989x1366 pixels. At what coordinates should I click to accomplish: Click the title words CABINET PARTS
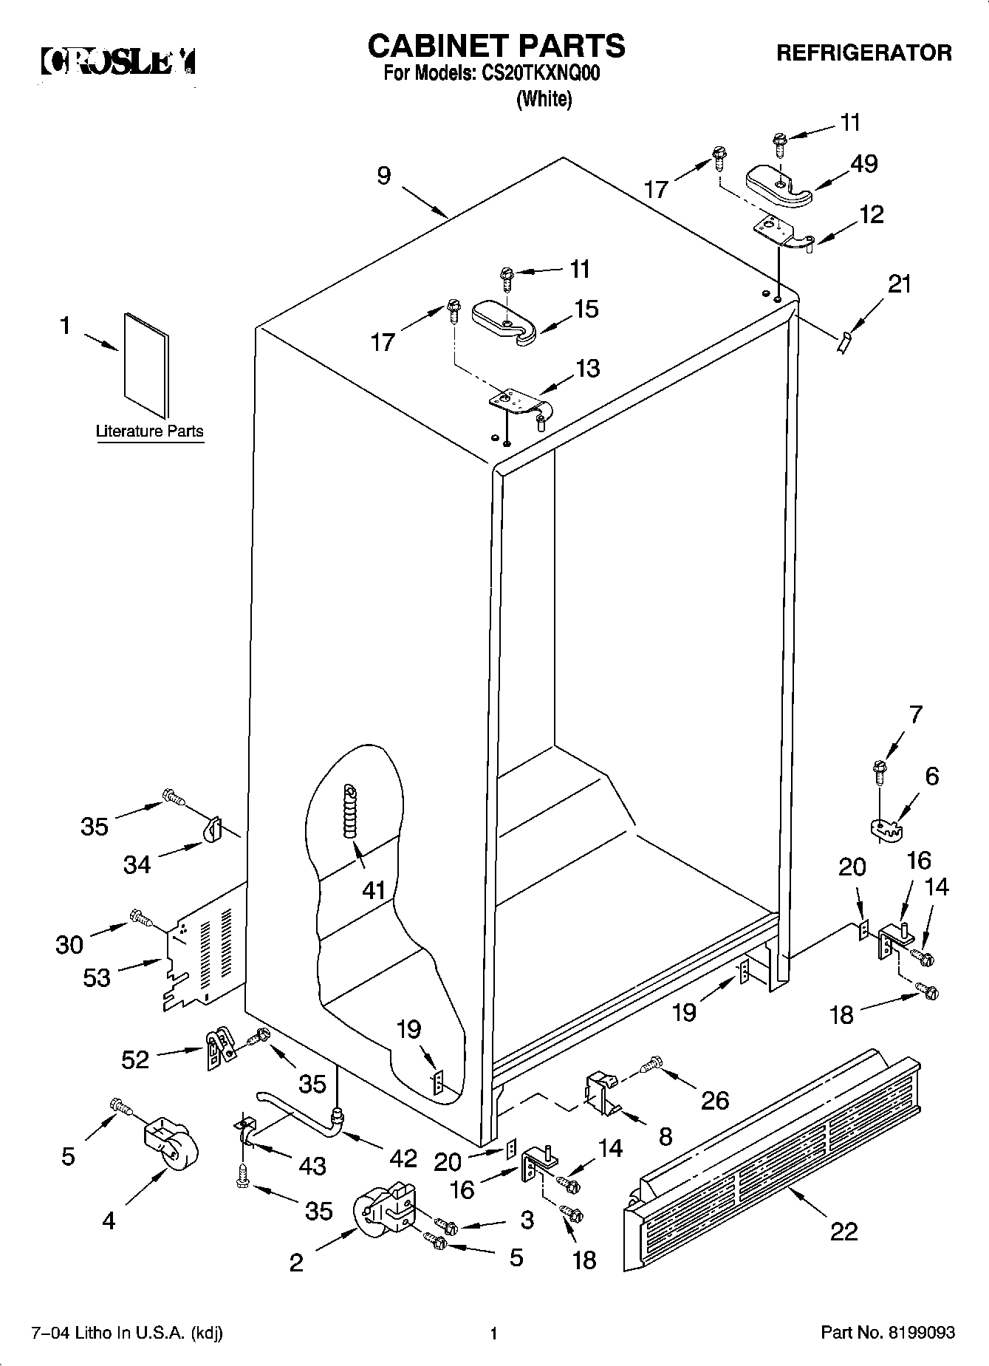pos(496,46)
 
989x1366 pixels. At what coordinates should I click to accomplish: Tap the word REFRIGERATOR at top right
pos(863,53)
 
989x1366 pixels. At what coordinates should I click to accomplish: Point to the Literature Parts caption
pos(149,431)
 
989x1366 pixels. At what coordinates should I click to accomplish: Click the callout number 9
pos(384,176)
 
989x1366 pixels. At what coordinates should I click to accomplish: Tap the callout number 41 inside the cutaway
pos(374,890)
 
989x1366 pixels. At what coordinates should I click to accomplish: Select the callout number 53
pos(97,977)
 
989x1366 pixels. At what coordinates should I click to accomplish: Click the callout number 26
pos(714,1100)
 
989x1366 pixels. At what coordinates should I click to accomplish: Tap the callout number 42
pos(404,1158)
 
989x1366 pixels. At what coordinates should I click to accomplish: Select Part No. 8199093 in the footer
pos(888,1333)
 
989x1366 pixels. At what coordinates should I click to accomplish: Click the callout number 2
pos(295,1263)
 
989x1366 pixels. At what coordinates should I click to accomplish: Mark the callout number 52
pos(135,1060)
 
